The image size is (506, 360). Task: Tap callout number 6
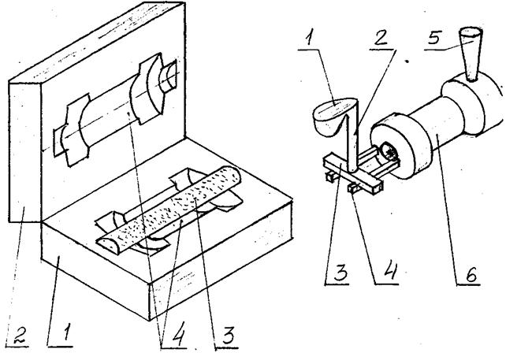tap(471, 275)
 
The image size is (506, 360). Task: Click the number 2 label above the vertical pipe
tap(381, 39)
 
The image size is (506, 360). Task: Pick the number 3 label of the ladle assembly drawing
tap(340, 273)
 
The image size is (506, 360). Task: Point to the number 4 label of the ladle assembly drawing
tap(389, 272)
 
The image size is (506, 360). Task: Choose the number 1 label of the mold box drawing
tap(65, 333)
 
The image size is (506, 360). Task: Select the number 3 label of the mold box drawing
tap(227, 337)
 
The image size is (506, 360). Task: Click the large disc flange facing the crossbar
tap(400, 146)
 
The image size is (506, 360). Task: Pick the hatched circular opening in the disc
tap(389, 151)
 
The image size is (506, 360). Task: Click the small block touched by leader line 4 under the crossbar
tap(353, 187)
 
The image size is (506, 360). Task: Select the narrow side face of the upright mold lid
tap(25, 151)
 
